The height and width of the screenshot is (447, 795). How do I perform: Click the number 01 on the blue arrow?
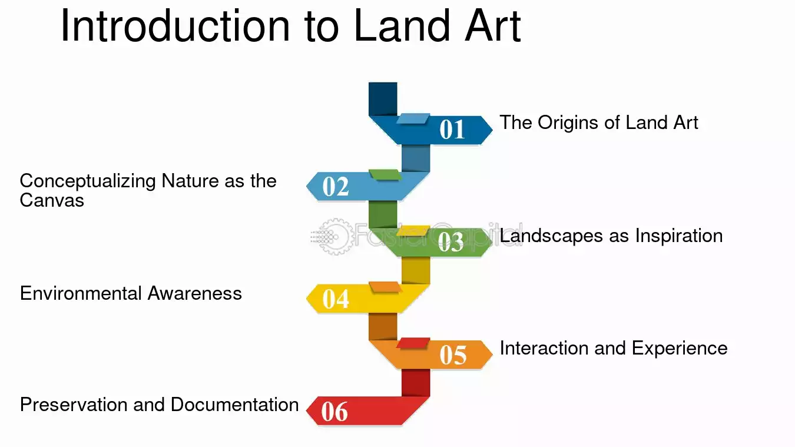452,129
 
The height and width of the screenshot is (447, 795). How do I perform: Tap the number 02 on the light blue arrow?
336,187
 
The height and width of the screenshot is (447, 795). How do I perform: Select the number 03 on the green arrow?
450,242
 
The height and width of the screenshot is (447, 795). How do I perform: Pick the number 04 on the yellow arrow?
336,299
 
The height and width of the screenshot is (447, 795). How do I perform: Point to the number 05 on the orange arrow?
453,355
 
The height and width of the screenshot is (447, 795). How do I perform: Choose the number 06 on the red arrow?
334,412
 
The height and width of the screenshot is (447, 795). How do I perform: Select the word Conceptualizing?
88,181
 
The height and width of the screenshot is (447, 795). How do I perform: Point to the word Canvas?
52,200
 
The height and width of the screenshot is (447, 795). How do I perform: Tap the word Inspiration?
679,236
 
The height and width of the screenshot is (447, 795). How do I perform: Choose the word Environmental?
81,294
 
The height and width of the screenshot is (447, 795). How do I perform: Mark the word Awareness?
195,294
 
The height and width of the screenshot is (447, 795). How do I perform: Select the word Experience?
680,349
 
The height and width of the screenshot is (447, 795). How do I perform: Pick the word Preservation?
74,405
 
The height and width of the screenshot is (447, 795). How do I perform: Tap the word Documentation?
234,405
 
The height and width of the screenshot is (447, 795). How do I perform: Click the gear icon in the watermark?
335,237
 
